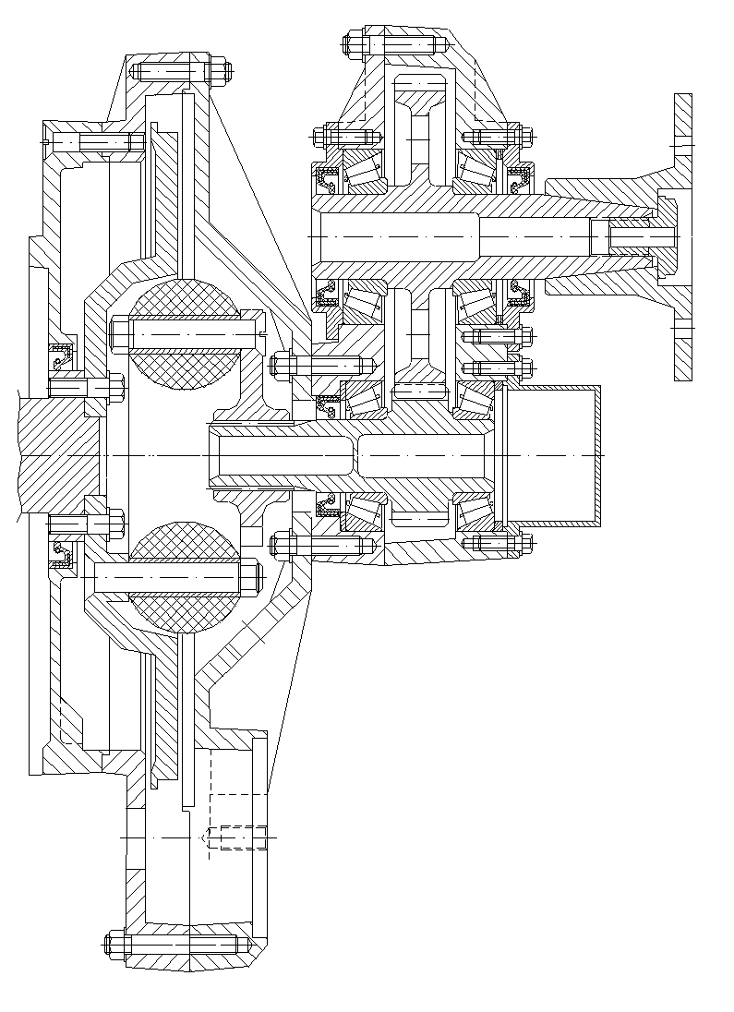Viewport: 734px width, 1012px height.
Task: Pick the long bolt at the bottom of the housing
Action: click(x=175, y=945)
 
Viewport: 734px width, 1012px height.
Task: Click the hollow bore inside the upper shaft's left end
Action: click(x=397, y=237)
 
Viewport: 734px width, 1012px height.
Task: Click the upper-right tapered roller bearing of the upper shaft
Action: click(x=475, y=170)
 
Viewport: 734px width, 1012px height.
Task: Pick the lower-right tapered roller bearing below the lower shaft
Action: click(x=473, y=511)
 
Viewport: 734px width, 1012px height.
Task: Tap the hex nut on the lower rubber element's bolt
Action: click(x=252, y=578)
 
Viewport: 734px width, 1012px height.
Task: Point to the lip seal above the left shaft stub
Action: click(x=64, y=355)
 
